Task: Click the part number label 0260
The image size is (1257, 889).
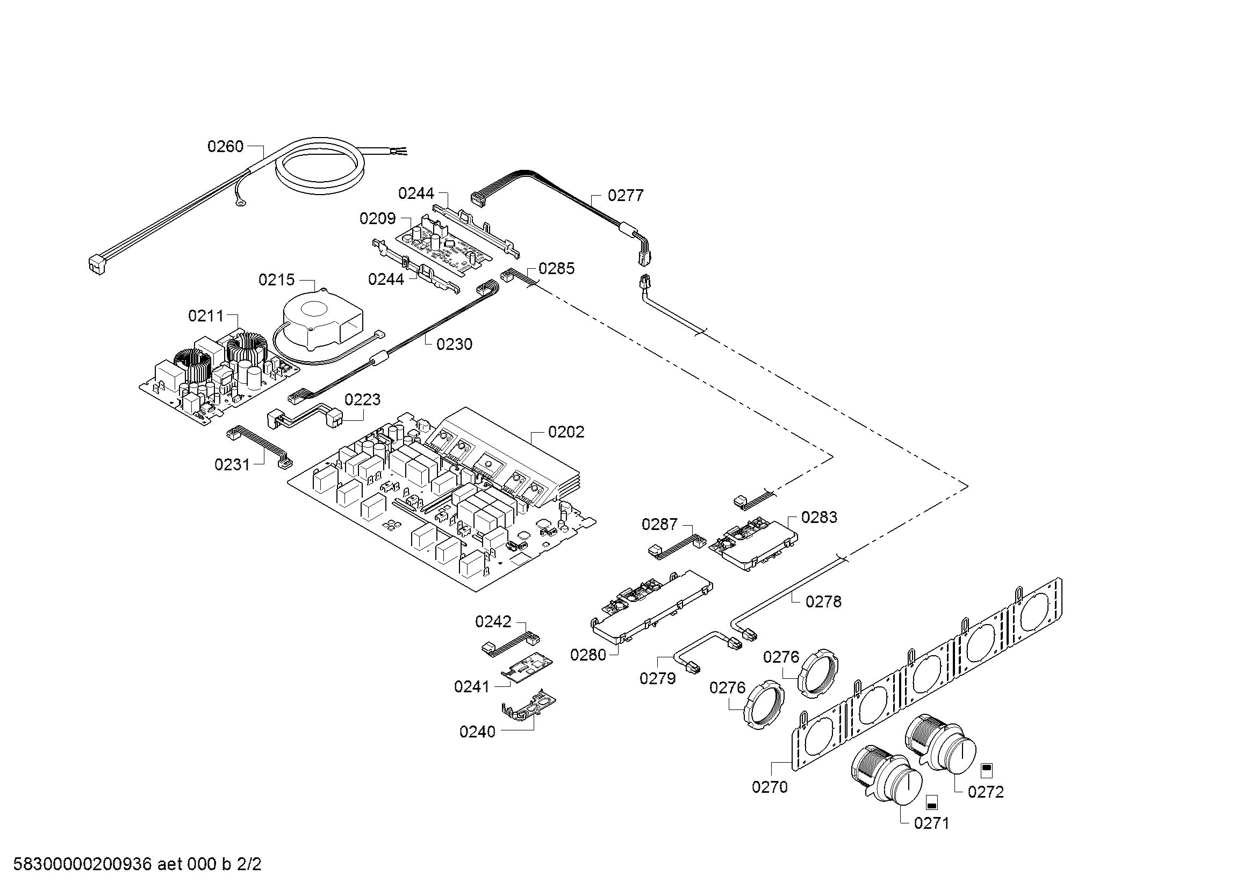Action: click(x=225, y=147)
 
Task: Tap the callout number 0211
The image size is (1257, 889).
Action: click(x=206, y=316)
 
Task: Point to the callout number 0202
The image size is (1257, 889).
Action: click(x=566, y=433)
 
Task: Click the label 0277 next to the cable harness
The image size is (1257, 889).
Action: click(x=626, y=196)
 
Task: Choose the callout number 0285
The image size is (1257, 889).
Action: click(x=556, y=269)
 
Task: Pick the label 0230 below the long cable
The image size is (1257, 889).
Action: click(x=455, y=345)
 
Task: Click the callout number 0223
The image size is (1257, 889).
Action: click(x=362, y=399)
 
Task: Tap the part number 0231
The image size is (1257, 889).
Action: click(x=232, y=465)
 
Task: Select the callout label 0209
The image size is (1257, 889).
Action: click(x=377, y=219)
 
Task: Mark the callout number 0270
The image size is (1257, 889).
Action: click(x=770, y=787)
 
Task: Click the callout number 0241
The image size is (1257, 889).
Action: click(x=471, y=687)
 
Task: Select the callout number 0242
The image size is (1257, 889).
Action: click(x=493, y=622)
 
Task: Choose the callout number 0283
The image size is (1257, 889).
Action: click(x=819, y=517)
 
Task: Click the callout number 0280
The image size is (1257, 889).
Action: click(x=588, y=655)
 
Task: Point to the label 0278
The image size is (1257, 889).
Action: click(x=823, y=601)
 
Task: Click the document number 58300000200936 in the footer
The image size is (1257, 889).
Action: click(x=82, y=864)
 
